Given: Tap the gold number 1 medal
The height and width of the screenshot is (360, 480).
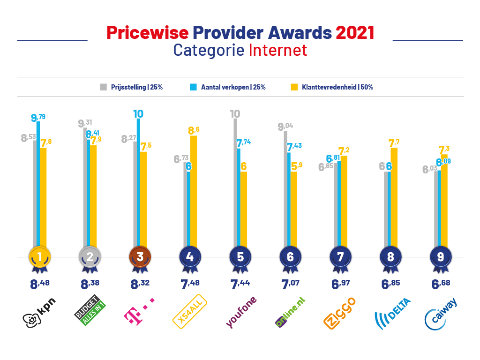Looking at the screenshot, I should [x=39, y=256].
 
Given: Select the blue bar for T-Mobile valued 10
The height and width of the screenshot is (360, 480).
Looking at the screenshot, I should [x=138, y=187].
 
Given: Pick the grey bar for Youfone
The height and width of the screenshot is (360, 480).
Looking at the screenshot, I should [x=234, y=187].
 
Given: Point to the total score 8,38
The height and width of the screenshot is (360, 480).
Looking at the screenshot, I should [x=89, y=284].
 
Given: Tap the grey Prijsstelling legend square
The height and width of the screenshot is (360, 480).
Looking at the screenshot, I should [x=103, y=87].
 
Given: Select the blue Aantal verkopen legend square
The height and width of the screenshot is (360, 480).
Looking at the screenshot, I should [x=193, y=87].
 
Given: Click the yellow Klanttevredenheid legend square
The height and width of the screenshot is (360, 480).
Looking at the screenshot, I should [x=294, y=87].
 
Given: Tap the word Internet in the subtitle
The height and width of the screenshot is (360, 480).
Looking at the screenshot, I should [x=278, y=50].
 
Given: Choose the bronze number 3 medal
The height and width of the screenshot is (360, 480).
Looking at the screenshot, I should [x=139, y=256].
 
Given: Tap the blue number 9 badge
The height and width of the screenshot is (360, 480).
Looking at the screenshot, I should [x=441, y=256].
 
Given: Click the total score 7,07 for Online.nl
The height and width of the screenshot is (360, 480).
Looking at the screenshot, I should [x=290, y=284].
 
